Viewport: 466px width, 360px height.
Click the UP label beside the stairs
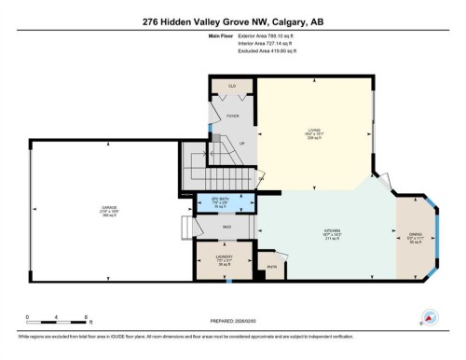[243, 144]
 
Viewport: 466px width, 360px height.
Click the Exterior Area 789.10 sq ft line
[266, 38]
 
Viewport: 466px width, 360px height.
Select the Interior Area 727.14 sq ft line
[266, 47]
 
